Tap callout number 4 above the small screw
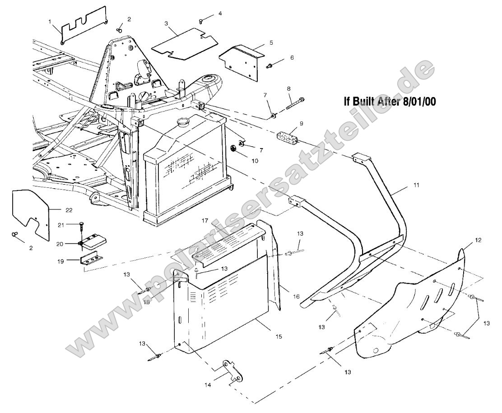coord(220,14)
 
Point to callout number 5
coord(271,42)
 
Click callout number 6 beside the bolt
coord(292,58)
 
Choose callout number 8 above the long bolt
coord(288,88)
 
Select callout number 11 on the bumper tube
coord(416,185)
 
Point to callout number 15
coord(278,337)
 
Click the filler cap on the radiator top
coord(184,123)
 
